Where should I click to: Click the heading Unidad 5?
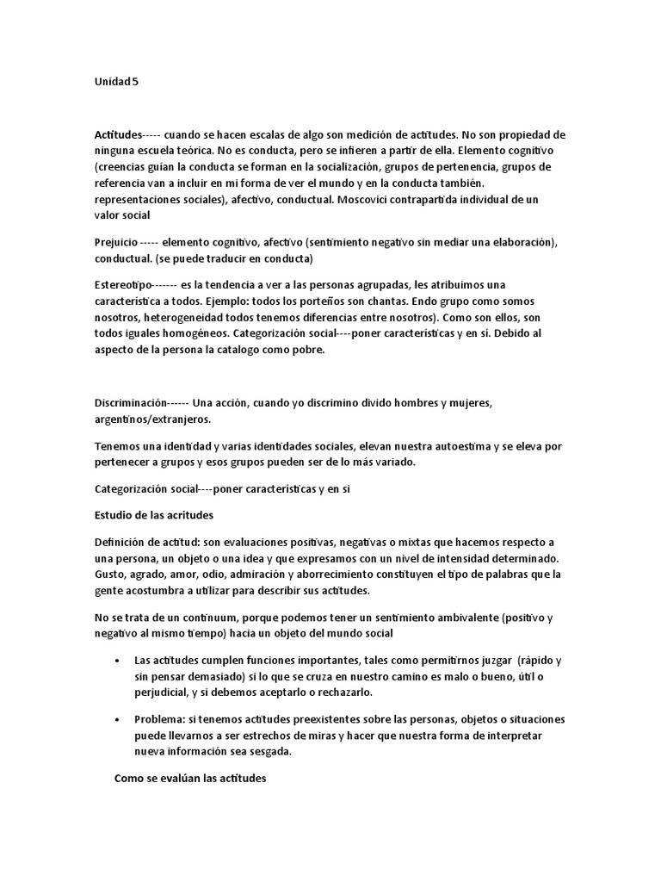[x=116, y=83]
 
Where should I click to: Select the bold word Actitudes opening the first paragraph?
[x=118, y=135]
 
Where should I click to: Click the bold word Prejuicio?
[x=114, y=243]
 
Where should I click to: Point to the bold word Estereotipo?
[x=123, y=284]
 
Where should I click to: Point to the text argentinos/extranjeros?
[x=152, y=419]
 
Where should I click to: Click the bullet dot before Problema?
[x=117, y=719]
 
